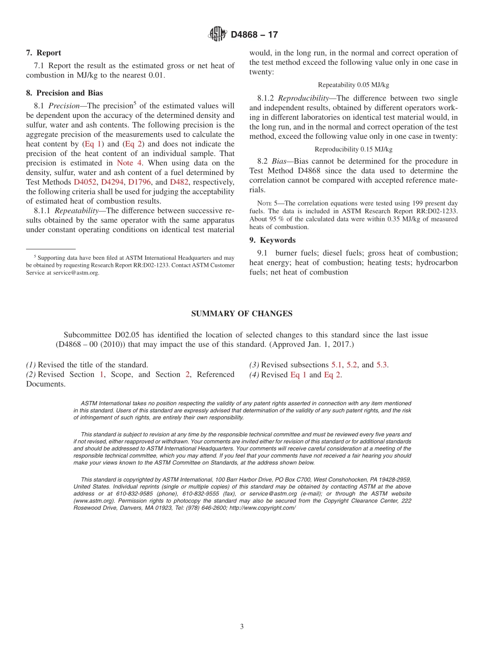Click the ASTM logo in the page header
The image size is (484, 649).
click(218, 35)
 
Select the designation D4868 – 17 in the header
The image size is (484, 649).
click(254, 35)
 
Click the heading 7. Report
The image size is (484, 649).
click(43, 53)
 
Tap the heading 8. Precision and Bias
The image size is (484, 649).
click(64, 93)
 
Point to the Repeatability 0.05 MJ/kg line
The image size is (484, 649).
click(353, 85)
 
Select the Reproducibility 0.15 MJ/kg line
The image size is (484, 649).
click(353, 149)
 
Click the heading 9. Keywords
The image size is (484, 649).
click(272, 240)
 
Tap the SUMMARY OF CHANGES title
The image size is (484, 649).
click(241, 314)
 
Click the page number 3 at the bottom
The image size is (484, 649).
click(242, 627)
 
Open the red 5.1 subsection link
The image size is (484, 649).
click(336, 365)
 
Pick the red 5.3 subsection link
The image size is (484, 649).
click(382, 365)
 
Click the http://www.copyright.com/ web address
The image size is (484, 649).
click(262, 508)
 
